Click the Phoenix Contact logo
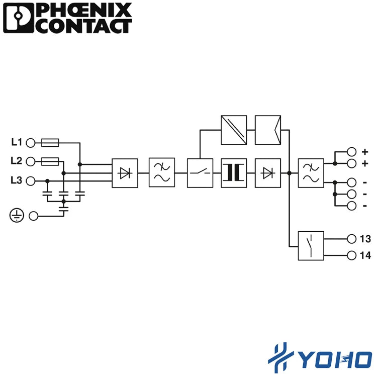click(x=67, y=18)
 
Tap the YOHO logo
click(x=320, y=358)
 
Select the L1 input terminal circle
click(x=31, y=143)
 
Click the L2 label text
click(x=17, y=161)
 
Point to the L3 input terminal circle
click(x=31, y=181)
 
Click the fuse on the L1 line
click(x=50, y=143)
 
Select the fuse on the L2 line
click(x=50, y=161)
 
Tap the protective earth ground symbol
click(x=17, y=215)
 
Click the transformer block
click(x=234, y=173)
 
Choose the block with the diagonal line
click(x=234, y=130)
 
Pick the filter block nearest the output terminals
click(x=311, y=173)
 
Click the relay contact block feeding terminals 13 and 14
click(x=311, y=246)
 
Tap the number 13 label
click(x=365, y=239)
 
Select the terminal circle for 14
click(x=351, y=255)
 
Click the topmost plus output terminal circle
click(x=351, y=152)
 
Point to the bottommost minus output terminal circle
click(x=351, y=206)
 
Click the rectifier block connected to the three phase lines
click(x=125, y=173)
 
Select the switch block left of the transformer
click(x=200, y=173)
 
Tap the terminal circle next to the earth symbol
click(x=33, y=216)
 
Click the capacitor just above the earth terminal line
click(x=64, y=209)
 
